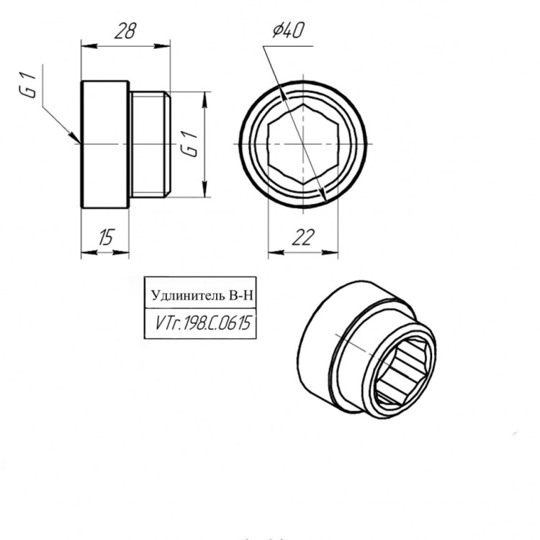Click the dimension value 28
tap(125, 31)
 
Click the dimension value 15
tap(106, 238)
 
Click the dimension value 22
tap(303, 238)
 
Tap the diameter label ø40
tap(288, 30)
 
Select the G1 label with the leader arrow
tap(28, 85)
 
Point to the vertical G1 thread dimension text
tap(190, 144)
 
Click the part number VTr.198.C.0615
tap(203, 323)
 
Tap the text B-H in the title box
tap(240, 295)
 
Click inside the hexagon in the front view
tap(303, 144)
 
